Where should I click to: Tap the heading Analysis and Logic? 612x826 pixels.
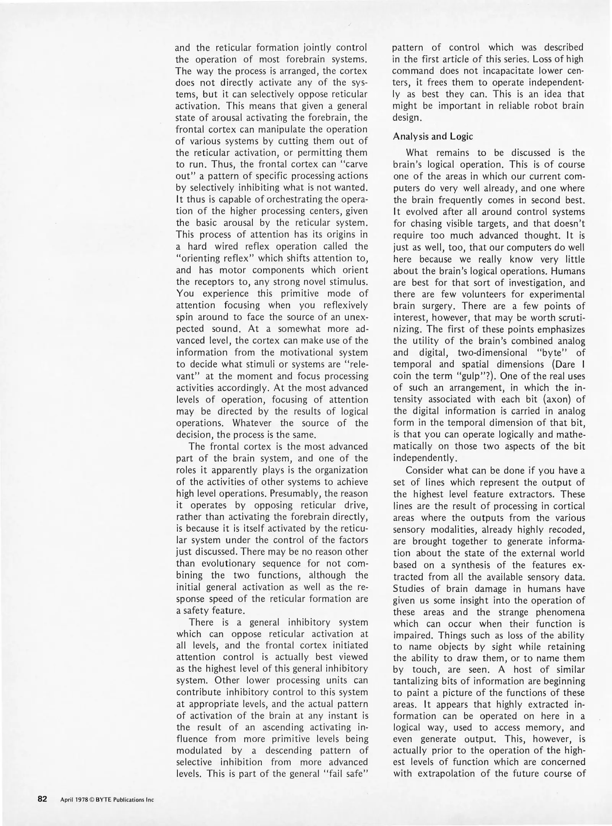click(x=433, y=137)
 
